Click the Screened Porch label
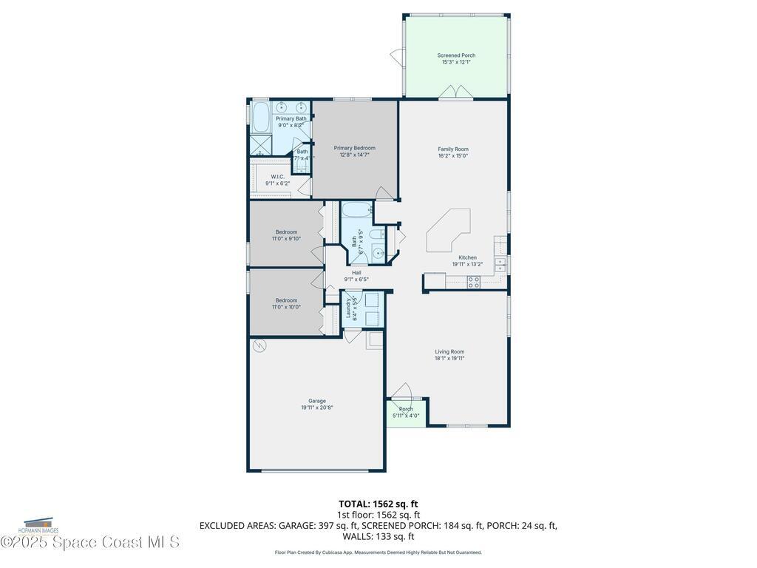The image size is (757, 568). click(456, 55)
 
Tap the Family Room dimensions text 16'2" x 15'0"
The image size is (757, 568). click(453, 156)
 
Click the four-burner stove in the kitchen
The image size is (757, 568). click(473, 281)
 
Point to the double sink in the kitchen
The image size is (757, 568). click(500, 264)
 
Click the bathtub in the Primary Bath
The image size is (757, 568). click(261, 117)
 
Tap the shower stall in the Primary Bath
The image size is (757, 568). click(260, 144)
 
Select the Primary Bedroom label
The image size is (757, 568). click(354, 148)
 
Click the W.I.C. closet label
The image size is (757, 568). click(277, 177)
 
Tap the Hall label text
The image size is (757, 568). click(356, 272)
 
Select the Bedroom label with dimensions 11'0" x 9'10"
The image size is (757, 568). click(286, 232)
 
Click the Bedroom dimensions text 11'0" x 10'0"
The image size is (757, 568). click(286, 307)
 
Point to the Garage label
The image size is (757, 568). click(317, 401)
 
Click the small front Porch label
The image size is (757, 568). click(406, 409)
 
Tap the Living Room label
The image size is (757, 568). click(449, 351)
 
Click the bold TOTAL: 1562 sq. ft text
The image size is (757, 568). click(378, 504)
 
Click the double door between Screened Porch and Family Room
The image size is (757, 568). click(455, 92)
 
